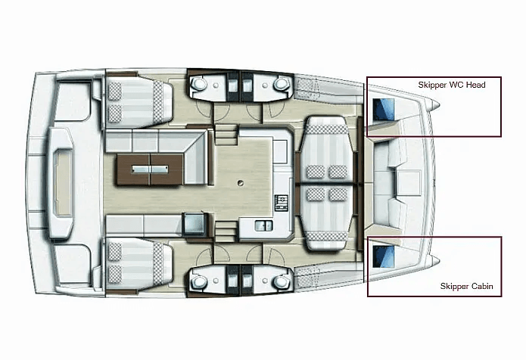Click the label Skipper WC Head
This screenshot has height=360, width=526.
pos(452,85)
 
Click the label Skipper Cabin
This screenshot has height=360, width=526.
pos(467,286)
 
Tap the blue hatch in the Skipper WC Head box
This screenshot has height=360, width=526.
pos(384,109)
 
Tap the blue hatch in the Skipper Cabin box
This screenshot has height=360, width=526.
pos(384,256)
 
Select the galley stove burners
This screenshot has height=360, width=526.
pos(282,203)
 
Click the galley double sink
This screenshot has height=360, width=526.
pos(263,225)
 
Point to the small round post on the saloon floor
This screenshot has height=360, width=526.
pos(240,183)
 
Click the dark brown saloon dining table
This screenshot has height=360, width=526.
pos(150,169)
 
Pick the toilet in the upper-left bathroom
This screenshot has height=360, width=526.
pos(198,83)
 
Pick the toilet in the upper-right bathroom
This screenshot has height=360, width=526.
pos(281,83)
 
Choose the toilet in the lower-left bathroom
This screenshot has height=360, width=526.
pos(198,282)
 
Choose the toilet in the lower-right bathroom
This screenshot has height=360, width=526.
pos(281,282)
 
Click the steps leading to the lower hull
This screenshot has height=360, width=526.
pos(226,231)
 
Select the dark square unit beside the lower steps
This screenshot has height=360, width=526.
pos(193,223)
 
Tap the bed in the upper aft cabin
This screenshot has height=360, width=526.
pos(139,101)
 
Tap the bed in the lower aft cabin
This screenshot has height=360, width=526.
pos(139,264)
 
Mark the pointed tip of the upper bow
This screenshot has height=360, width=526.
pos(438,105)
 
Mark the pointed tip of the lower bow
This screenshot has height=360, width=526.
pos(438,261)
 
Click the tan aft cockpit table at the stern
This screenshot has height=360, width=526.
pos(63,183)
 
